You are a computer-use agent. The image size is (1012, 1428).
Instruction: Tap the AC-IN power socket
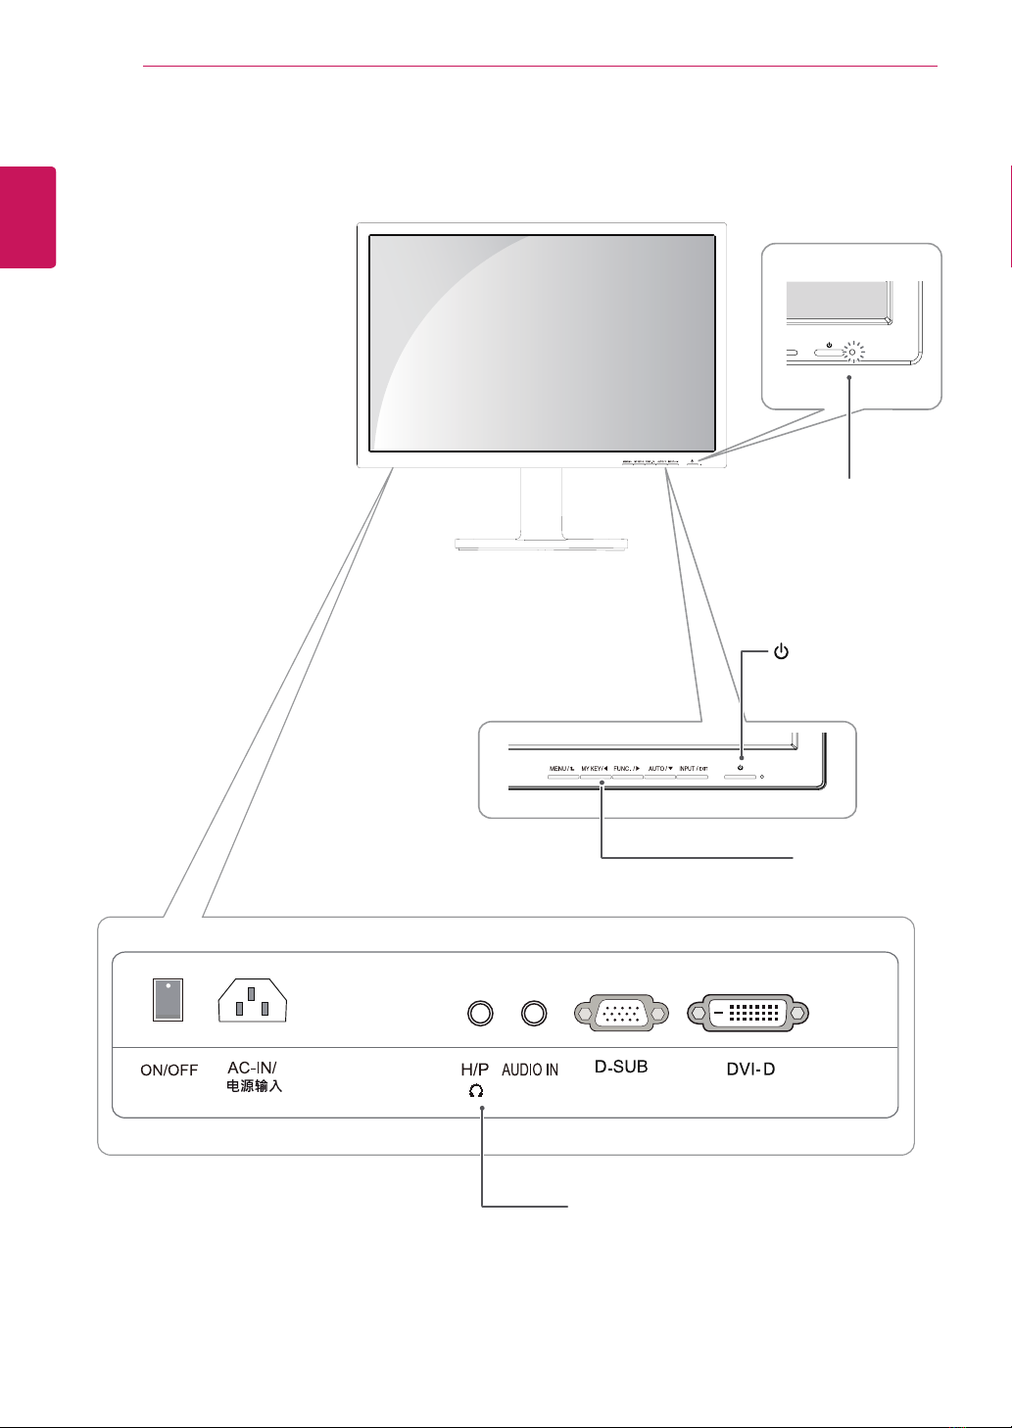[x=252, y=1000]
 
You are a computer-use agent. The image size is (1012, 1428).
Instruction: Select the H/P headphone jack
[x=480, y=1013]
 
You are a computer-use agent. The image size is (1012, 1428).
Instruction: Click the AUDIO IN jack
[x=533, y=1013]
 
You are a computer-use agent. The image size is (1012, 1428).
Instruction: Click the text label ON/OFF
[x=169, y=1070]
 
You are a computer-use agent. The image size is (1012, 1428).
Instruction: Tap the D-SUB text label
[x=621, y=1066]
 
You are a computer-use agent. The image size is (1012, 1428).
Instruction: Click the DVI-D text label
[x=750, y=1069]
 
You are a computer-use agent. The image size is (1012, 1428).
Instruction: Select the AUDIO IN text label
[x=530, y=1070]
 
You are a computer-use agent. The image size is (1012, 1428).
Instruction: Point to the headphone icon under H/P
[x=476, y=1090]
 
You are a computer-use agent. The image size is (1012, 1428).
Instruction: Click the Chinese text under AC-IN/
[x=254, y=1086]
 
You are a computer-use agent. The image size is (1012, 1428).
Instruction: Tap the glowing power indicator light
[x=852, y=352]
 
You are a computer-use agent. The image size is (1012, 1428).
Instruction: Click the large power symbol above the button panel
[x=781, y=652]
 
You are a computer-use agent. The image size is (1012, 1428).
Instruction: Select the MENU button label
[x=561, y=769]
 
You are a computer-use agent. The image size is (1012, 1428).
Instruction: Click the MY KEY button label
[x=595, y=769]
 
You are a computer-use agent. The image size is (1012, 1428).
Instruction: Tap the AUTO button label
[x=660, y=769]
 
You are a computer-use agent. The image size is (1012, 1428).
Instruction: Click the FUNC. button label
[x=627, y=769]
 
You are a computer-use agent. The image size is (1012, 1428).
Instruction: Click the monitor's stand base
[x=542, y=544]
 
